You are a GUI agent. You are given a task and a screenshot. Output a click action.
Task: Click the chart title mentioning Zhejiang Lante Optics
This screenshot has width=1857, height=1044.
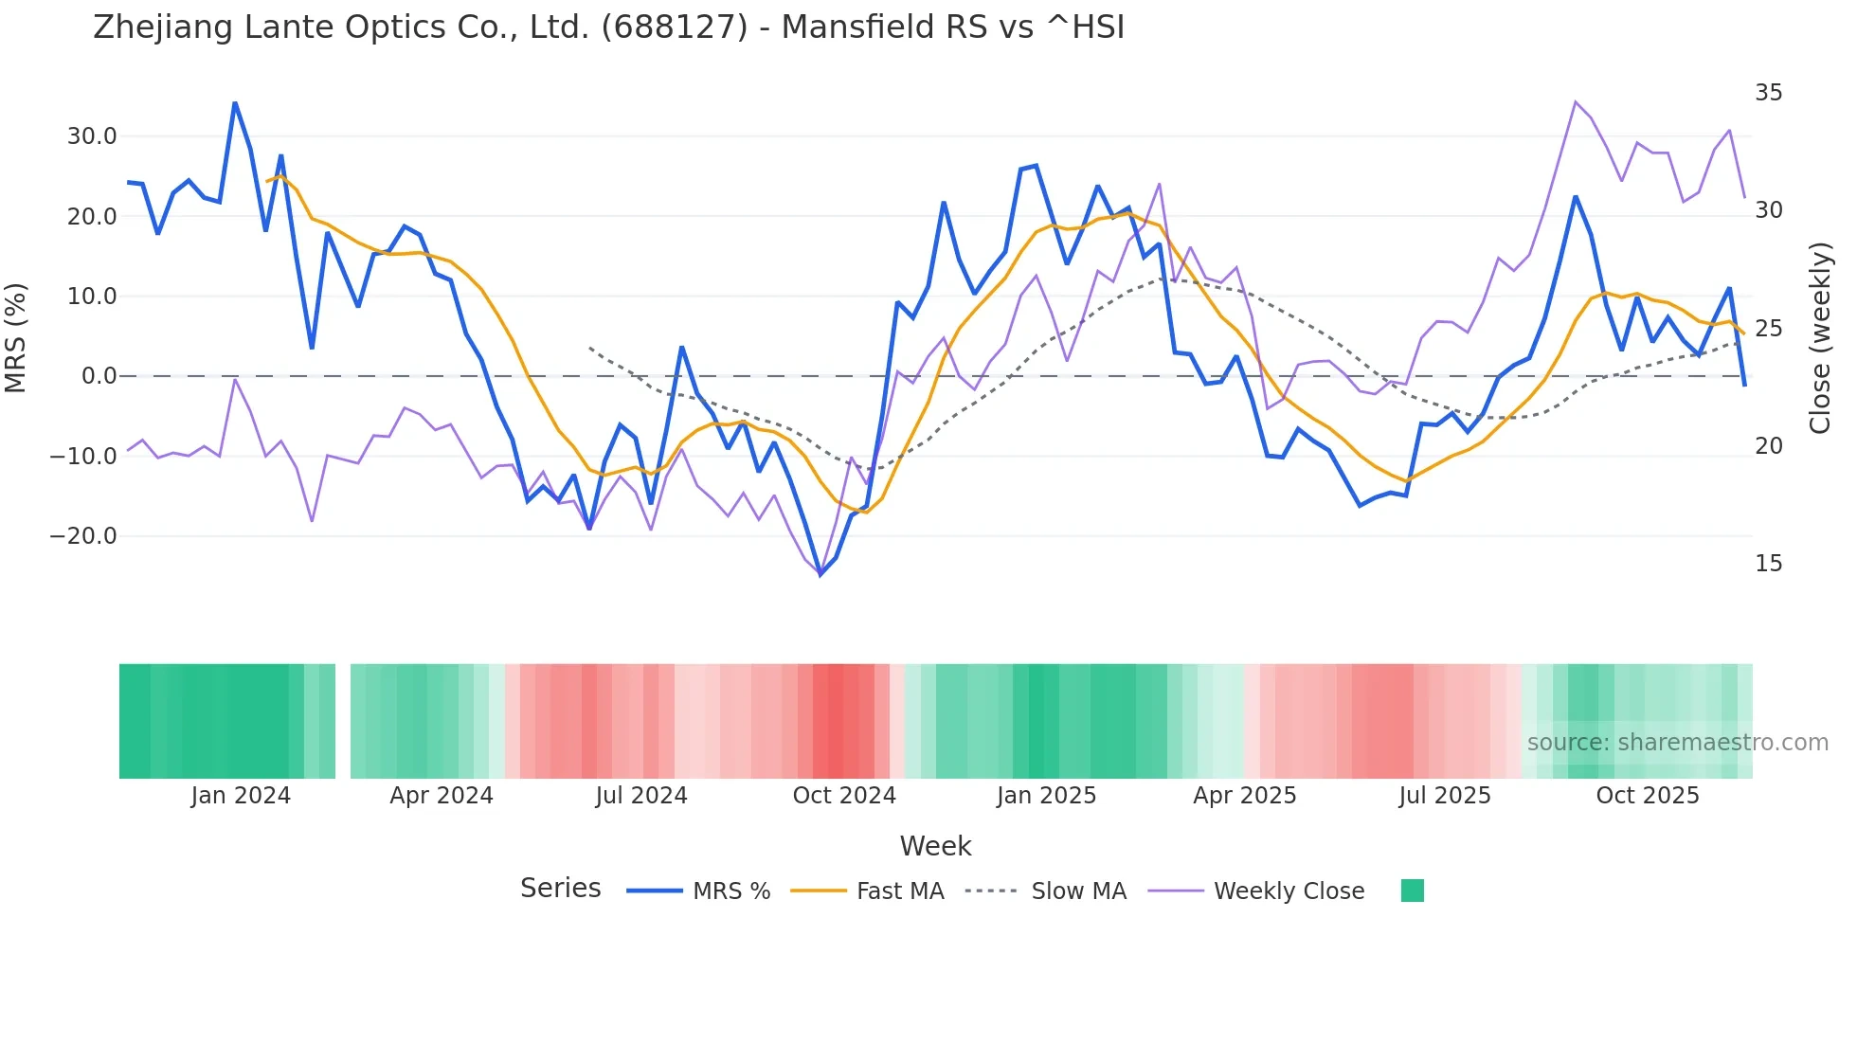click(x=608, y=27)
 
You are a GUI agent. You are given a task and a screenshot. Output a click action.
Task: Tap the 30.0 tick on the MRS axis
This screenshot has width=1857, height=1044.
click(x=92, y=136)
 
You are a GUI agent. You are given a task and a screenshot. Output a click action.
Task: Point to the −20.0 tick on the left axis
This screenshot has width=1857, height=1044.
click(x=83, y=536)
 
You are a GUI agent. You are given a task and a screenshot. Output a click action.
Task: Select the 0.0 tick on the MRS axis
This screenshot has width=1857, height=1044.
click(x=99, y=376)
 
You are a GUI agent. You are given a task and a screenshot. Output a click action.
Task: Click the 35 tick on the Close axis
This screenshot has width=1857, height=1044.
click(x=1768, y=93)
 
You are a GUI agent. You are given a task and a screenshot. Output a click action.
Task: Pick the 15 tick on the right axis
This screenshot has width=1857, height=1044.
click(x=1768, y=564)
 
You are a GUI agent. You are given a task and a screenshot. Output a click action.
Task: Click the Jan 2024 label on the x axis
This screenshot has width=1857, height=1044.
click(x=241, y=796)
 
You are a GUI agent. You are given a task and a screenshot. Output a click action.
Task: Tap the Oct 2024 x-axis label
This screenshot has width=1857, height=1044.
click(x=844, y=796)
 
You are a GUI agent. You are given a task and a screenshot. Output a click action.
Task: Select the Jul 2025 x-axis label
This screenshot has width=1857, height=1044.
click(x=1444, y=796)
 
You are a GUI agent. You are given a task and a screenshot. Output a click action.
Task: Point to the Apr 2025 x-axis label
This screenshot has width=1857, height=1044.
click(x=1244, y=796)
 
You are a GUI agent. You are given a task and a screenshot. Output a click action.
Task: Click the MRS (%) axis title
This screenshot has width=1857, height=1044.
click(x=16, y=337)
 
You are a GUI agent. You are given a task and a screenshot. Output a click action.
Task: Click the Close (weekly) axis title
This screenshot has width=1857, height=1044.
click(x=1819, y=337)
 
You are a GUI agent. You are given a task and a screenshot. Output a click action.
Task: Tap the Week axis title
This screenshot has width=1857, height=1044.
click(x=935, y=846)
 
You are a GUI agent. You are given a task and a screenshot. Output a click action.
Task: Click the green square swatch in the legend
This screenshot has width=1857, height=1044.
click(x=1412, y=891)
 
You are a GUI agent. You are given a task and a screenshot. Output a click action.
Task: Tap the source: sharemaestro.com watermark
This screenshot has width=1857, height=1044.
click(x=1677, y=743)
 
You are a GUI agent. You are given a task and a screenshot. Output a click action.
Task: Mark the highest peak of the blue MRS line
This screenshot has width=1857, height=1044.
click(x=235, y=102)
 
